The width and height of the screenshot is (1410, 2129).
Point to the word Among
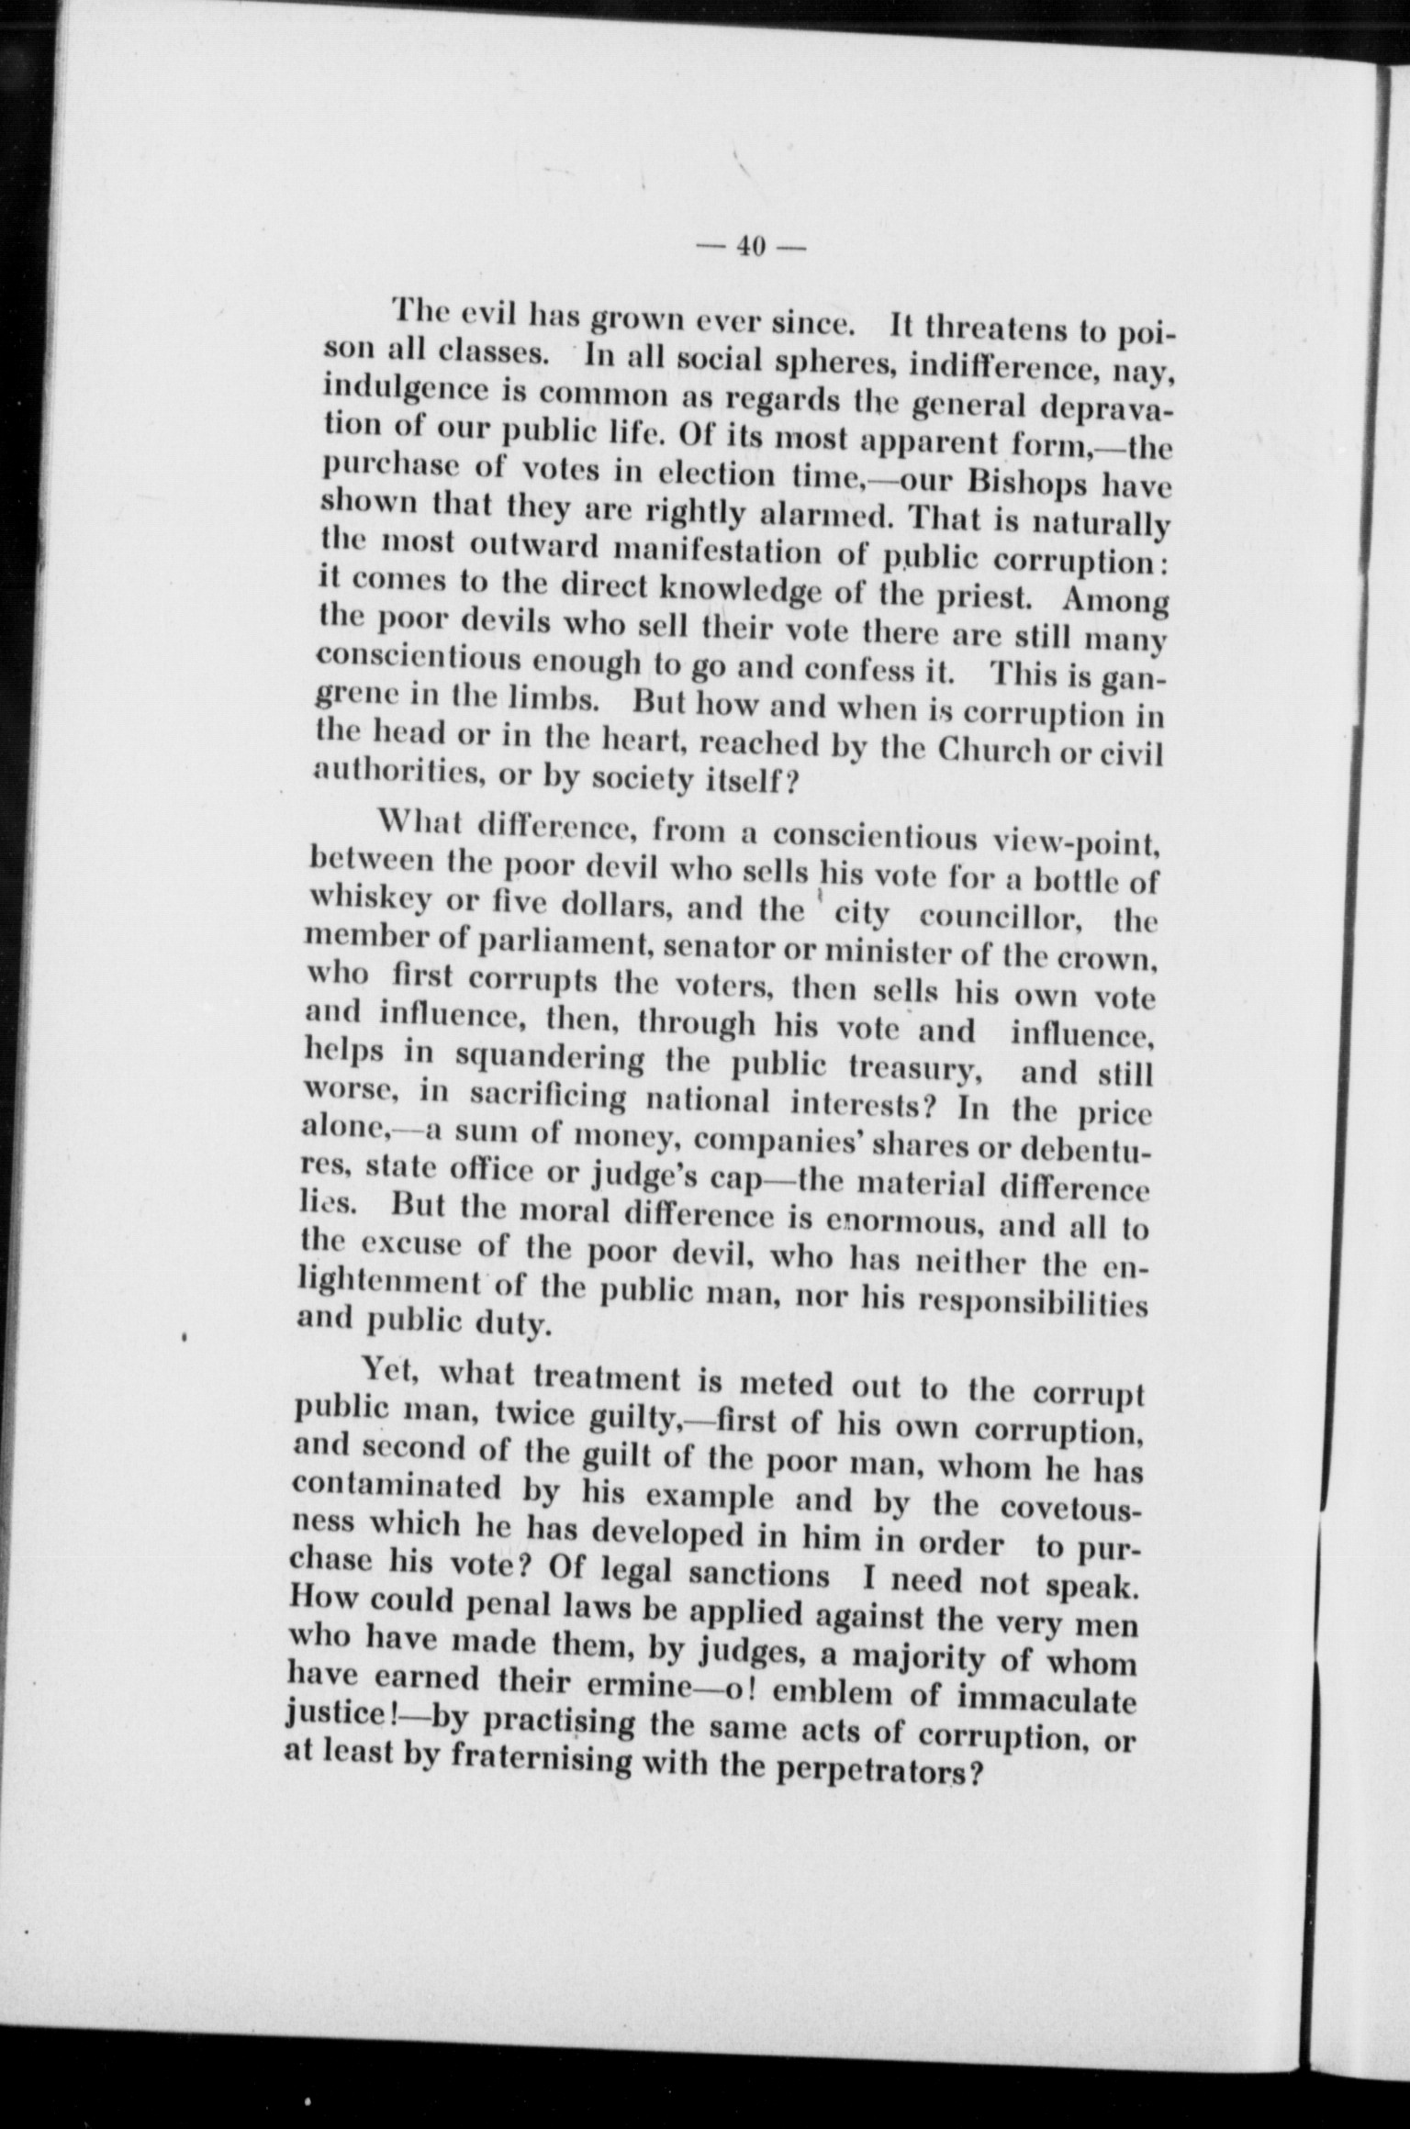pos(1113,602)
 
